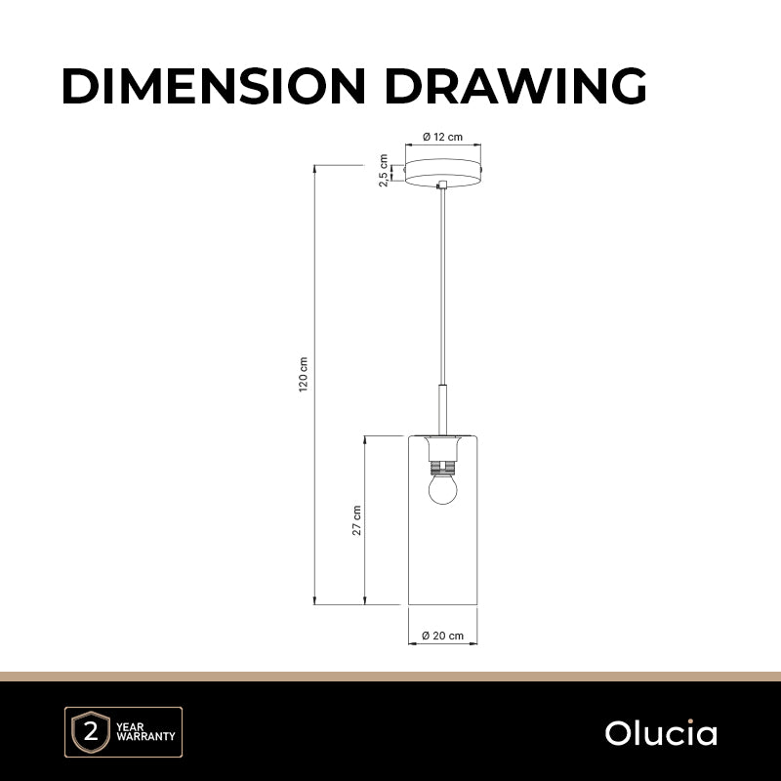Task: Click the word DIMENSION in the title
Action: (x=214, y=86)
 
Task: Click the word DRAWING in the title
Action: (x=515, y=86)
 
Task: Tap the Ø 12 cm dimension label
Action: (x=443, y=137)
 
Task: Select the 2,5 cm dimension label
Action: (x=384, y=170)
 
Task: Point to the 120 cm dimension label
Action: (x=304, y=375)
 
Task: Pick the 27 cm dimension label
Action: (x=356, y=520)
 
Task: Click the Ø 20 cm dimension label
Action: (x=443, y=636)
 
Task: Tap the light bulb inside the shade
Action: (x=443, y=489)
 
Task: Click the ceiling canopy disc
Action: (x=443, y=173)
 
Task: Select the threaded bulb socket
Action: (x=443, y=468)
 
